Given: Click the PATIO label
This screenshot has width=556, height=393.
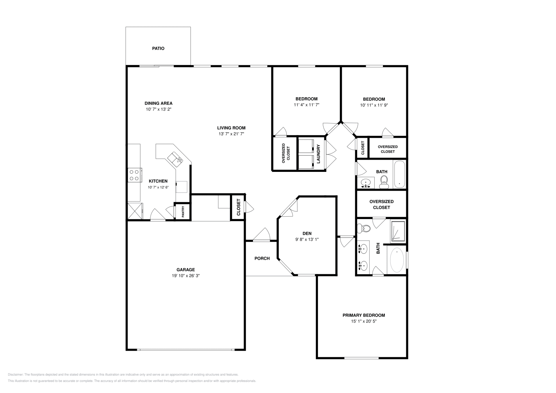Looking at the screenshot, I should (x=158, y=49).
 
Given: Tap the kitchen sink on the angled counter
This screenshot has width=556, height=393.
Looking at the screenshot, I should (x=175, y=159).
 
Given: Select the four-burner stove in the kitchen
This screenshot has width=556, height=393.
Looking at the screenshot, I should (x=135, y=175).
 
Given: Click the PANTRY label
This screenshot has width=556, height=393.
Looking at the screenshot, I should (x=182, y=212).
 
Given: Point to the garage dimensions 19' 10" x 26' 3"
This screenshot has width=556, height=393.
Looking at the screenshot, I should (x=186, y=276).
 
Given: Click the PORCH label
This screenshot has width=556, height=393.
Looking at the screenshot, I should (x=262, y=258).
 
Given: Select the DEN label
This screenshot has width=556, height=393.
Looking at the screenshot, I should (x=307, y=233).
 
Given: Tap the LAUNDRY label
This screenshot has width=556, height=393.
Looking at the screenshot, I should (x=318, y=154).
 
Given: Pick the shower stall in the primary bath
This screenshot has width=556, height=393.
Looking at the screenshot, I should (x=398, y=231).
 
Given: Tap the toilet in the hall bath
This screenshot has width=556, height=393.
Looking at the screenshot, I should (x=384, y=181).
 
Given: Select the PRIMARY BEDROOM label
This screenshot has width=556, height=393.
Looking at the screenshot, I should (x=363, y=315).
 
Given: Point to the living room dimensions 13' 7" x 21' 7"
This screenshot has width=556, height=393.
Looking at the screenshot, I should (x=231, y=134).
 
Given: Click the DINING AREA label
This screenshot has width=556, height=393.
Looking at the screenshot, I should (x=158, y=103).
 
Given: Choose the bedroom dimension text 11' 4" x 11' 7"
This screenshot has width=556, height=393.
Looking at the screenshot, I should (x=306, y=105).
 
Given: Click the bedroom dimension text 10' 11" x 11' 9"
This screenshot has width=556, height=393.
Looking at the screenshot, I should (x=374, y=105).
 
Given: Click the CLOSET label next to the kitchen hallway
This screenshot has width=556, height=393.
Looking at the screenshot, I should (x=238, y=207).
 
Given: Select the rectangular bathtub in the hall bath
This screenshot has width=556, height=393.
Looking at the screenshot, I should (x=399, y=174).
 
